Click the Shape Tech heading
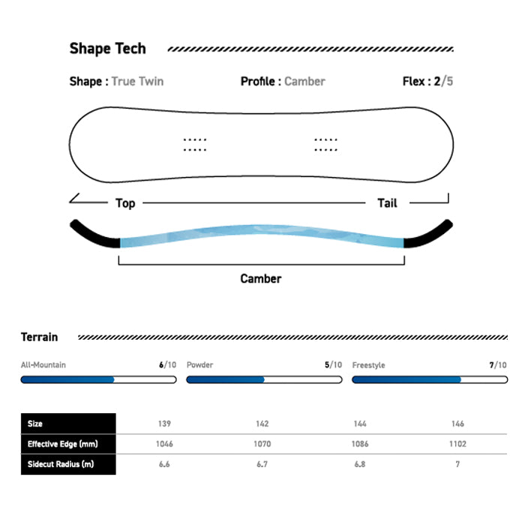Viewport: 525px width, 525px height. [107, 49]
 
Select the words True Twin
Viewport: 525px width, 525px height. [137, 81]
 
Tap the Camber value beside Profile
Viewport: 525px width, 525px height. [304, 81]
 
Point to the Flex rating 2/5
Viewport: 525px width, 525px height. [444, 81]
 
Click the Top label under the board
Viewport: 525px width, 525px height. [125, 203]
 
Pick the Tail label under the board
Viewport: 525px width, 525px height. [388, 203]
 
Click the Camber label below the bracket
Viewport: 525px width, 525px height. [261, 278]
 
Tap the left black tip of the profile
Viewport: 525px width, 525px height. [94, 233]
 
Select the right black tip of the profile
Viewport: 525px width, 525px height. [428, 233]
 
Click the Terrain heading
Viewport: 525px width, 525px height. [40, 337]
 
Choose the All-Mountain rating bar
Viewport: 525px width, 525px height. [98, 379]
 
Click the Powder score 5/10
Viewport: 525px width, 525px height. [333, 364]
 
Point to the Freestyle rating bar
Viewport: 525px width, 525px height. [430, 379]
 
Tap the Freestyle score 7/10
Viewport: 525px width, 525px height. [498, 364]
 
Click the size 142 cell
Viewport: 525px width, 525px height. [262, 424]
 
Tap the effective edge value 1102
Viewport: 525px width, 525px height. [457, 444]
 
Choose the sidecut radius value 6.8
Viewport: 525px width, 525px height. [360, 464]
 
